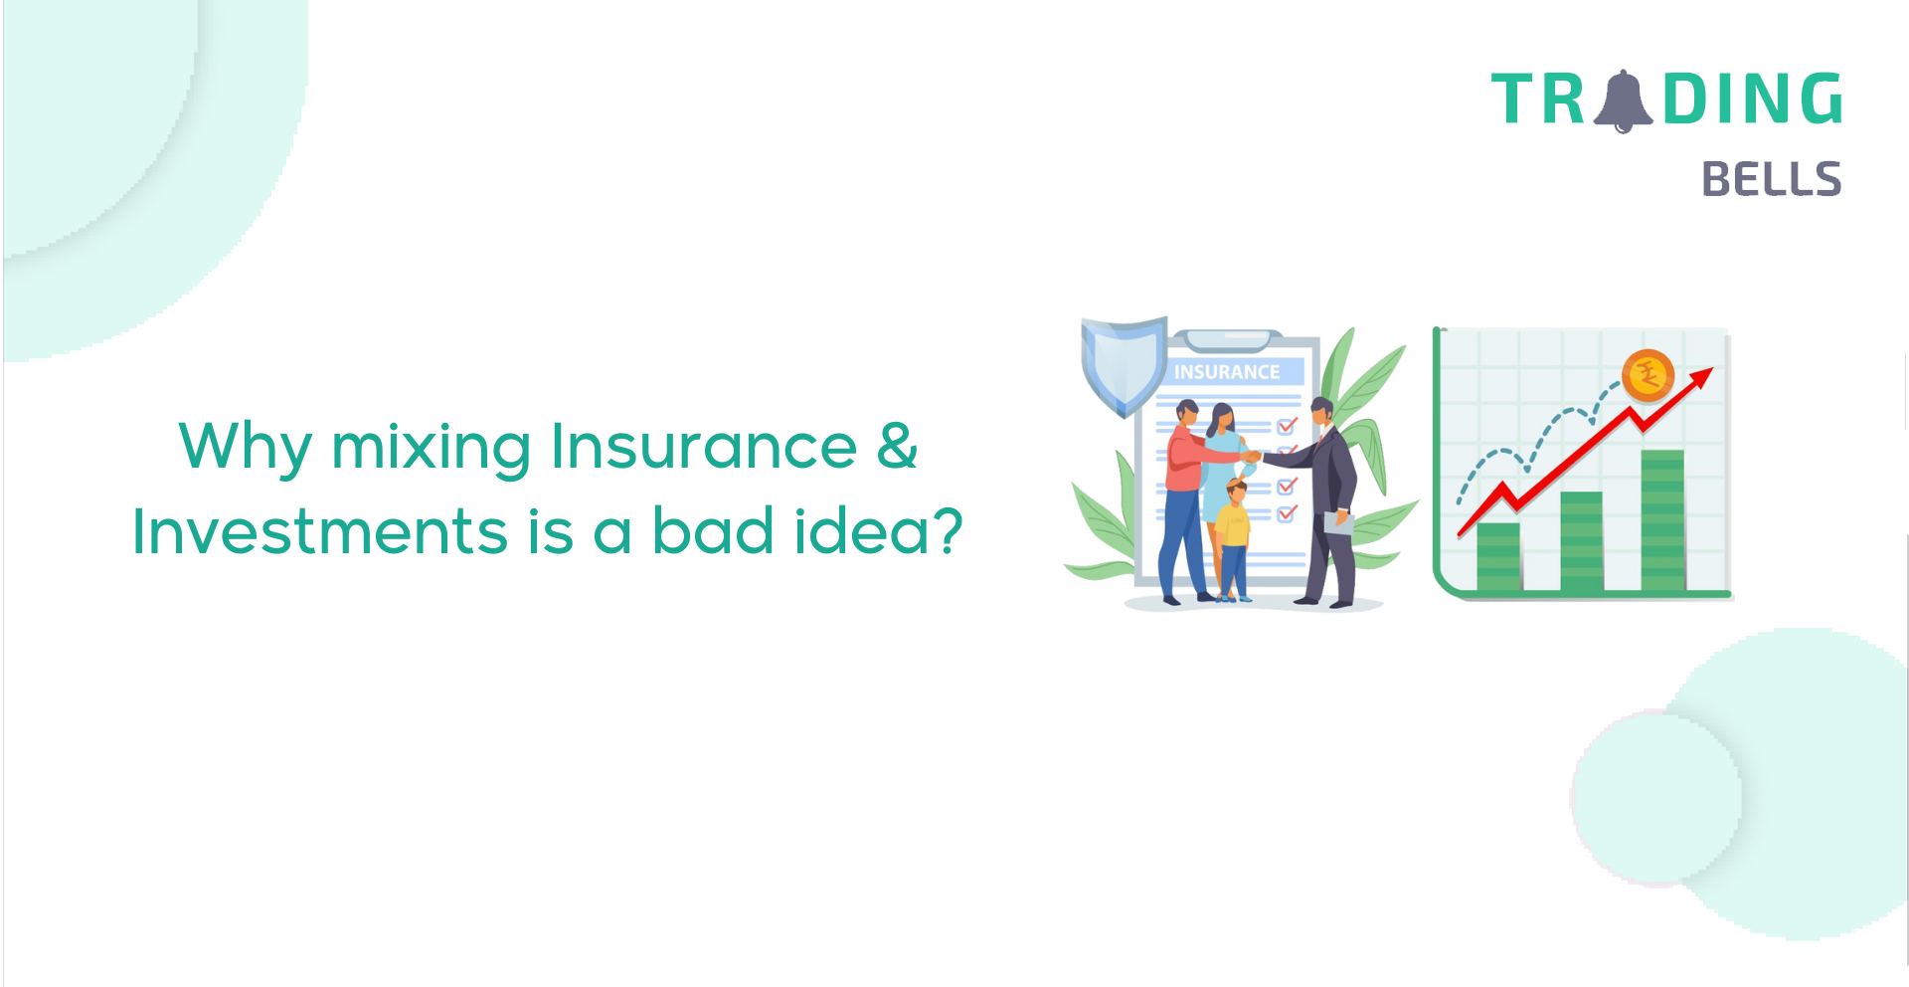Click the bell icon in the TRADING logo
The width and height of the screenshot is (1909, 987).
pos(1623,100)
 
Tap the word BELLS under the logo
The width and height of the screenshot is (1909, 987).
pos(1772,179)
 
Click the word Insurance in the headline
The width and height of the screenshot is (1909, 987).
pos(704,446)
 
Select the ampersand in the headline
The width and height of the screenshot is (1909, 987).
pos(898,446)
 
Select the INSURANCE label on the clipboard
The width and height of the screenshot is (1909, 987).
pos(1227,372)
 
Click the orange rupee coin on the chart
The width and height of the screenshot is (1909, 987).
pos(1649,376)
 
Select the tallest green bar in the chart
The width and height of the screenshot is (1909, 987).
pos(1662,520)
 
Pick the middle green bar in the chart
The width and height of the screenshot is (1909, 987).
pos(1581,541)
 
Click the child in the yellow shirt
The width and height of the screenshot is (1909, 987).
pos(1233,540)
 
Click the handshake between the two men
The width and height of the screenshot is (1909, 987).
pos(1252,457)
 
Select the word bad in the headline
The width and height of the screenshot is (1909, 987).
pos(713,530)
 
